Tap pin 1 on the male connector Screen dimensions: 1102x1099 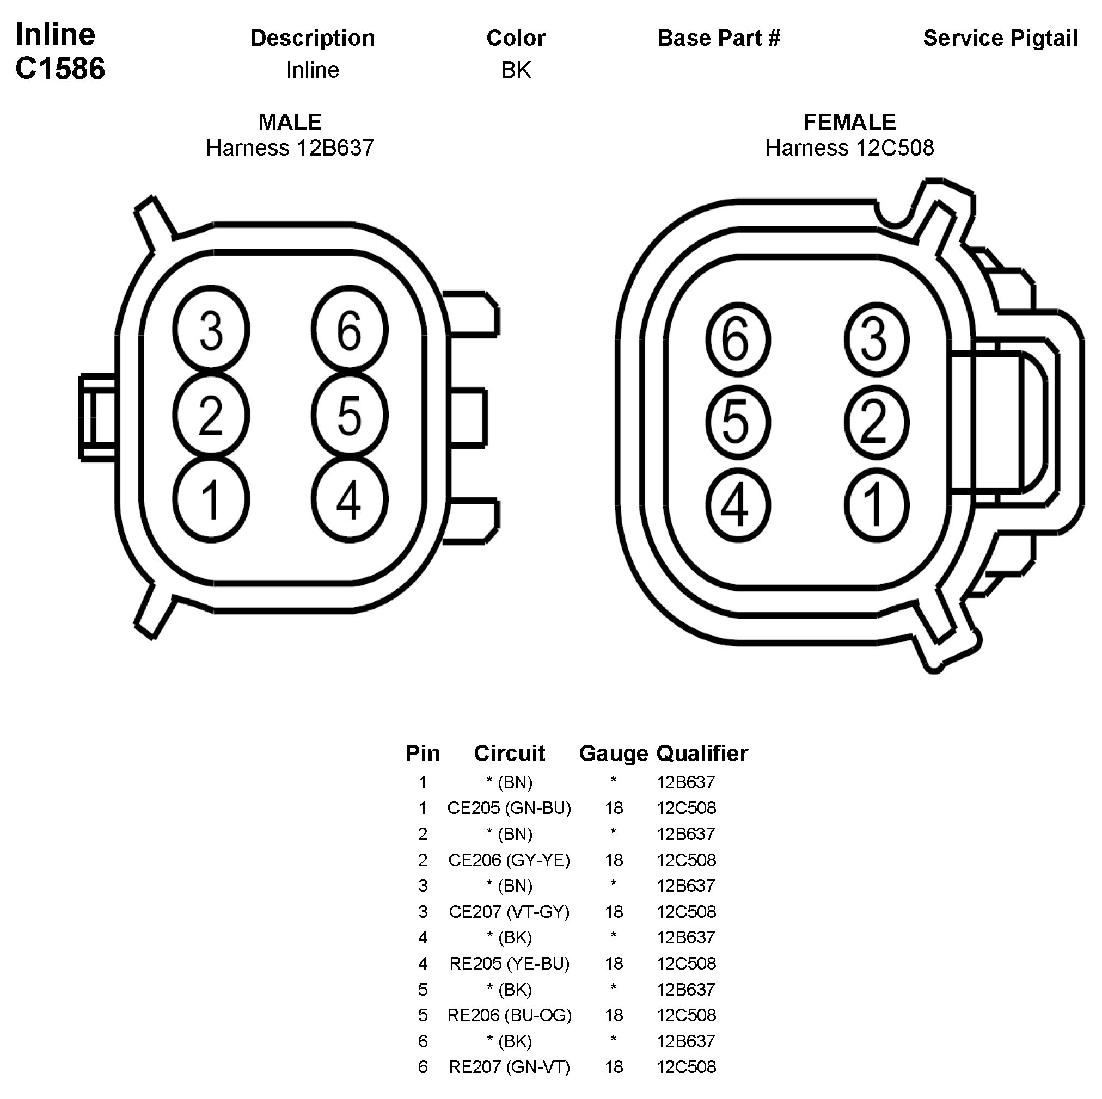tap(211, 499)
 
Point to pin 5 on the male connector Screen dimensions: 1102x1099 tap(350, 415)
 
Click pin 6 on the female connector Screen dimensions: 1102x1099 tap(738, 339)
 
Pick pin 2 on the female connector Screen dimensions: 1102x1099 tap(876, 422)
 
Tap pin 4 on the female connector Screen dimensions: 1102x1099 tap(738, 505)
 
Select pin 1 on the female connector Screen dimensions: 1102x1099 tap(876, 505)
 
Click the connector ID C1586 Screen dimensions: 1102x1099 tap(60, 69)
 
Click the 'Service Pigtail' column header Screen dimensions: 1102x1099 tap(1000, 38)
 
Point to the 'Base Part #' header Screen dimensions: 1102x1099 tap(719, 38)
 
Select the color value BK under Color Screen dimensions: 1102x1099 tap(516, 70)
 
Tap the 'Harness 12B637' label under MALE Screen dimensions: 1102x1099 tap(290, 148)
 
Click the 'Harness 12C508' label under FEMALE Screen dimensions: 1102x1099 tap(849, 148)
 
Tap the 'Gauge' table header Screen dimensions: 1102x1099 tap(613, 754)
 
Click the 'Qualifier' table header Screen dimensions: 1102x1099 tap(702, 754)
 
